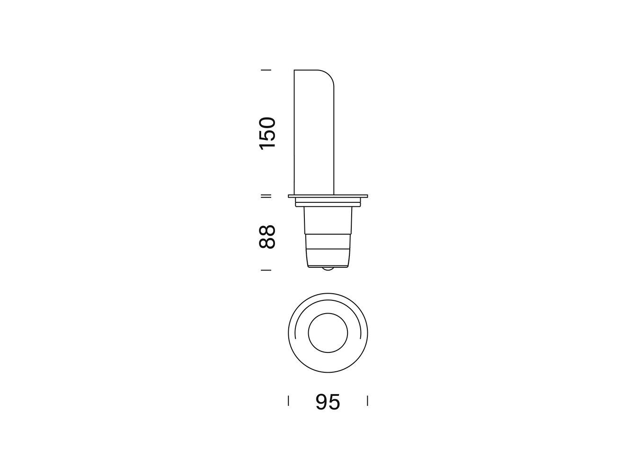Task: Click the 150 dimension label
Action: click(267, 133)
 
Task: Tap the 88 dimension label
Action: click(267, 236)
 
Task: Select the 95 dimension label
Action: click(328, 402)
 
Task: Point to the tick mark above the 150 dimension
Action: click(266, 70)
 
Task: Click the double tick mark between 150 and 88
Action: click(266, 196)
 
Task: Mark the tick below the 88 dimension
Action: click(266, 270)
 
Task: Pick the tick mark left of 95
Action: click(288, 401)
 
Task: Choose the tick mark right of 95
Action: click(368, 401)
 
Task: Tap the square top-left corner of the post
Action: click(294, 70)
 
